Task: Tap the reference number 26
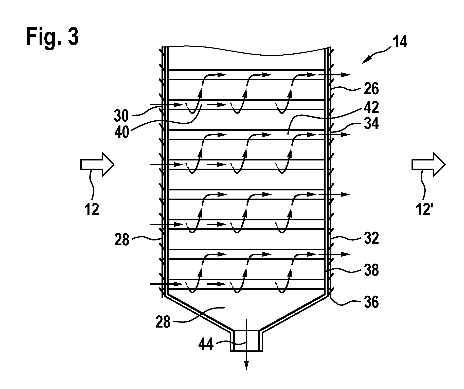(x=370, y=89)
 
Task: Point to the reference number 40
(x=121, y=132)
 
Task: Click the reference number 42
(x=370, y=108)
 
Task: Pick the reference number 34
(x=370, y=124)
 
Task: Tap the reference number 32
(x=370, y=238)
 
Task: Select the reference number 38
(x=370, y=270)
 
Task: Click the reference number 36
(x=370, y=302)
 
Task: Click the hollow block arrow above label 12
(x=98, y=164)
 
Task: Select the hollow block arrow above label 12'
(x=428, y=164)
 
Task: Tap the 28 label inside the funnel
(x=163, y=322)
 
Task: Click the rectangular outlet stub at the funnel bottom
(x=246, y=341)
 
